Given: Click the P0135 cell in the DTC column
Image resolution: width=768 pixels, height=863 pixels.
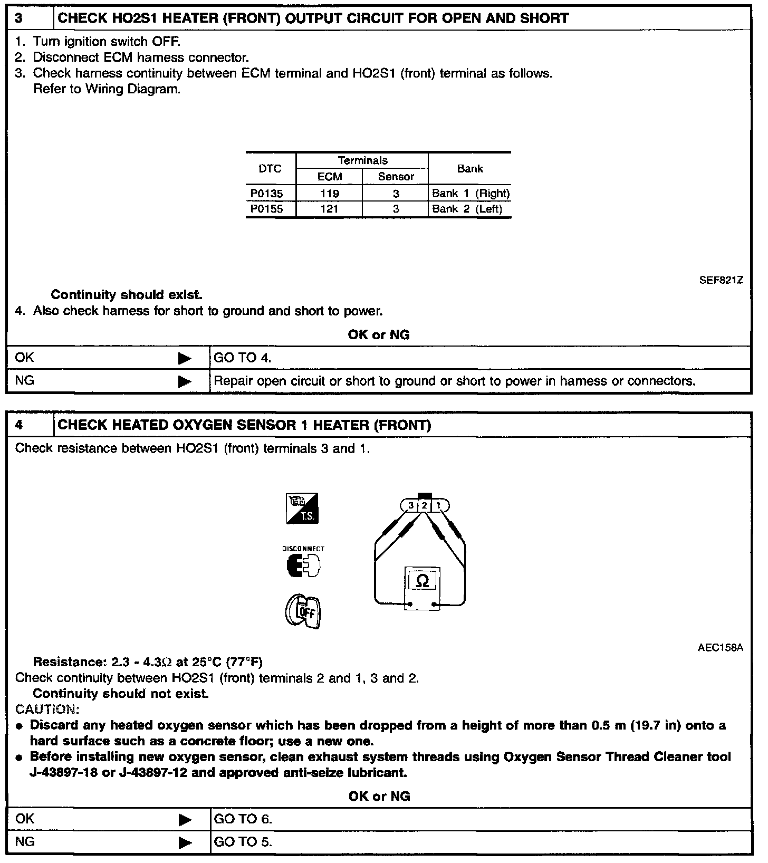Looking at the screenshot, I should [x=267, y=194].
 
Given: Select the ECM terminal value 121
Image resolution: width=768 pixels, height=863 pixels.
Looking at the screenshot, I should [x=330, y=209].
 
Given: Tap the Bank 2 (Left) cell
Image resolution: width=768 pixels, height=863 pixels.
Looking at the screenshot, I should [x=467, y=209].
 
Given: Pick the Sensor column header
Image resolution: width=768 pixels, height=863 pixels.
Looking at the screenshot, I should [x=396, y=177].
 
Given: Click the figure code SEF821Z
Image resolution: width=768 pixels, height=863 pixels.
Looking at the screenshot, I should [x=721, y=281].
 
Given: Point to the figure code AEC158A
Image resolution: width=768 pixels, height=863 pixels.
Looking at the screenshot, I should [x=721, y=648].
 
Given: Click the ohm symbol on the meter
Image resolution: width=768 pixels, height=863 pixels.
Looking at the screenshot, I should [x=423, y=581].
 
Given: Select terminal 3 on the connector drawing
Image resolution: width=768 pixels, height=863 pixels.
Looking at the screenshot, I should [x=411, y=506].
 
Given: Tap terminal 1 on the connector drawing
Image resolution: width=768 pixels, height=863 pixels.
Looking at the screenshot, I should [x=439, y=506].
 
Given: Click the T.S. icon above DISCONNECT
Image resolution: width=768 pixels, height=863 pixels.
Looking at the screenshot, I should [x=302, y=509].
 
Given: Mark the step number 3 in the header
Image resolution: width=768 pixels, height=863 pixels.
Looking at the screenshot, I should [x=19, y=18].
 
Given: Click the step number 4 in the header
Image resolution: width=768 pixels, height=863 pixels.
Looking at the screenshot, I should [x=19, y=425].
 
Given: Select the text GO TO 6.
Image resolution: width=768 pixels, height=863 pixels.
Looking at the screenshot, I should [x=243, y=819].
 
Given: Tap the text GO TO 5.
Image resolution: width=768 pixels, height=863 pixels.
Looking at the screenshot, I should [x=243, y=842].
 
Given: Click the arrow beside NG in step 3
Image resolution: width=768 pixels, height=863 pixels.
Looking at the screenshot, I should [x=185, y=381].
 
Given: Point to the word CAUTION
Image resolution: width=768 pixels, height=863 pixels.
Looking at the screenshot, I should [x=47, y=709].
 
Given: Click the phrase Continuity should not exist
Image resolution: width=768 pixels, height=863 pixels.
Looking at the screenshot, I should [x=121, y=694].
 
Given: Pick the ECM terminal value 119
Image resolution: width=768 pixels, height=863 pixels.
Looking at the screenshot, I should [x=330, y=194].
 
